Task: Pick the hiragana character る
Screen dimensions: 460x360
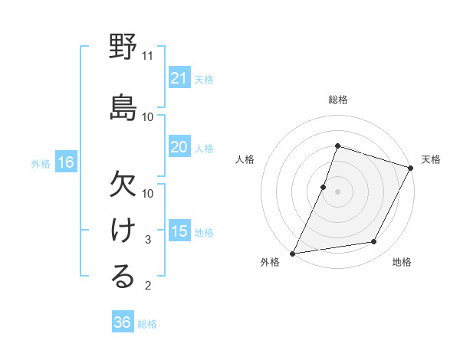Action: coord(123,277)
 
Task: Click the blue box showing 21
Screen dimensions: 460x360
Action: coord(179,78)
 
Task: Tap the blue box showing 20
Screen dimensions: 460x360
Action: coord(179,147)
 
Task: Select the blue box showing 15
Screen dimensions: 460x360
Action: coord(179,231)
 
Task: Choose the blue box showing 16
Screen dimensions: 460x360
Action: coord(65,162)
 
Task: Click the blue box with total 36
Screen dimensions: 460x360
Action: coord(123,322)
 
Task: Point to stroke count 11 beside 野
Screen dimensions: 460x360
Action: coord(148,56)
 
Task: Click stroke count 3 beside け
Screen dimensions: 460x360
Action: coord(149,240)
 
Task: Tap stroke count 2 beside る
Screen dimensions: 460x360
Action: coord(149,286)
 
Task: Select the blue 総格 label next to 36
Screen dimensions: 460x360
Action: coord(147,324)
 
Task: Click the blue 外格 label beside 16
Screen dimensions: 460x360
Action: coord(41,163)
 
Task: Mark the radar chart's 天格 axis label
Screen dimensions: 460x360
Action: coord(431,159)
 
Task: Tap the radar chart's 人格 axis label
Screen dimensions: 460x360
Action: coord(245,159)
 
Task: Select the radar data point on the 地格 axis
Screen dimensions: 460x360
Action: coord(374,242)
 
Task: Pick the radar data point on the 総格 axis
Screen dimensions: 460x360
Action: coord(337,146)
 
